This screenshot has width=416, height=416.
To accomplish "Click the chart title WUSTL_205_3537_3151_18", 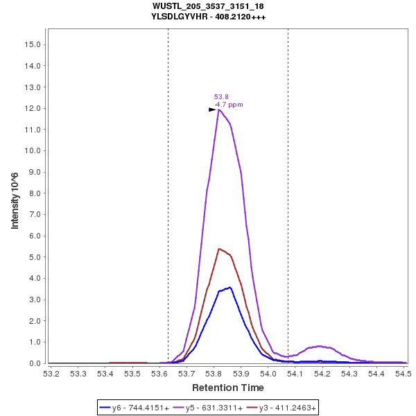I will coord(208,6).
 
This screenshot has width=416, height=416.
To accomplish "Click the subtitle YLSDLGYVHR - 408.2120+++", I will coord(208,17).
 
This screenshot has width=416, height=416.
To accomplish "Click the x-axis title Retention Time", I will coord(228,387).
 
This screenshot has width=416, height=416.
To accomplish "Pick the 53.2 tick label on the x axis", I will coord(51,374).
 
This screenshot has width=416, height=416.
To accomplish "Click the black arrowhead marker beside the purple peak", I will coord(213,110).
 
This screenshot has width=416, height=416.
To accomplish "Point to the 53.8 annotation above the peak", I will coord(221,97).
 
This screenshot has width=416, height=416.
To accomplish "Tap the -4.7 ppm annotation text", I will coord(229,105).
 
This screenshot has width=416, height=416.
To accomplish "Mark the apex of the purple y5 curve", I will coord(219,110).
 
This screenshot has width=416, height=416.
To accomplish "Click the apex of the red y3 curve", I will coord(219,249).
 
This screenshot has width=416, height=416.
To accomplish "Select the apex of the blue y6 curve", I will coord(229,287).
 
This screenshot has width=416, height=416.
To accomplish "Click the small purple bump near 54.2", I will coord(320,346).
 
